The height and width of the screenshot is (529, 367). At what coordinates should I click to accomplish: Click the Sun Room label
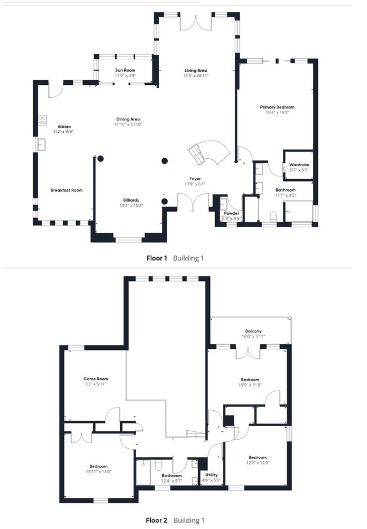coord(125,70)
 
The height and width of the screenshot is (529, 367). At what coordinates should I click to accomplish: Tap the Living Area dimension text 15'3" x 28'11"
coord(195,75)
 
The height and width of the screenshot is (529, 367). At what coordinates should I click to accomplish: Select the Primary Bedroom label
coord(277,107)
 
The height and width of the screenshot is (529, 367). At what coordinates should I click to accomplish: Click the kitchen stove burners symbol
coord(42,120)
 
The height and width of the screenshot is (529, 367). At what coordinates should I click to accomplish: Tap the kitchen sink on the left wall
coord(41,145)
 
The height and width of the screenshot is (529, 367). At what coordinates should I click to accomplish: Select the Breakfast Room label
coord(66,190)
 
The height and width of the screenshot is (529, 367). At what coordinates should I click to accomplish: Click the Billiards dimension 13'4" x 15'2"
coord(131,206)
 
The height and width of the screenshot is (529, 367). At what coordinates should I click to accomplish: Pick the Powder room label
coord(231,213)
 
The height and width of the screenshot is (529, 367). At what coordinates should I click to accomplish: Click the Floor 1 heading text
coord(157,258)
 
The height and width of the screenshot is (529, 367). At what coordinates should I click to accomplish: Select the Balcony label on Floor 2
coord(253,331)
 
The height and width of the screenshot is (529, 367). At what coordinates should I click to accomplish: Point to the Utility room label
coord(211,475)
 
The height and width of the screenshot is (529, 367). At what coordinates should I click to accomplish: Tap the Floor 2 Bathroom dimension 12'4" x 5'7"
coord(172,481)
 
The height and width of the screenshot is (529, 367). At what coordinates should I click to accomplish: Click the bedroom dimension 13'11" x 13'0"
coord(98,471)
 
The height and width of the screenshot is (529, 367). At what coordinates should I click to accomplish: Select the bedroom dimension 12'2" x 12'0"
coord(257,463)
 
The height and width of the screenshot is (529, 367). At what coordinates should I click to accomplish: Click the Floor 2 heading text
coord(157,520)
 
